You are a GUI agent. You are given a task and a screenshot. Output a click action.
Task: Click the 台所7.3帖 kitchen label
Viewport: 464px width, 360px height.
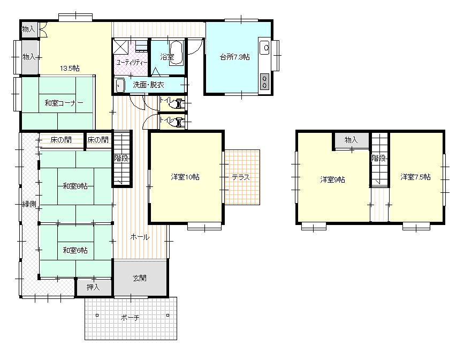pyautogui.click(x=234, y=57)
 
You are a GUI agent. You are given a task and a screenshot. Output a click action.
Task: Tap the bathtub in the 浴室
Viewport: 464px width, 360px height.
pyautogui.click(x=177, y=52)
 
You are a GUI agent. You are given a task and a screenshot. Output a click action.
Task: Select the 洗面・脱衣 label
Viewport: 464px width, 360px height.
pyautogui.click(x=148, y=85)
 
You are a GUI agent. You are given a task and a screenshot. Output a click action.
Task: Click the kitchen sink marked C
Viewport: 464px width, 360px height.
pyautogui.click(x=264, y=48)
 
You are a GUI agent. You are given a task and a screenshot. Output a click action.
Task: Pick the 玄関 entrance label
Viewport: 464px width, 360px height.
pyautogui.click(x=139, y=278)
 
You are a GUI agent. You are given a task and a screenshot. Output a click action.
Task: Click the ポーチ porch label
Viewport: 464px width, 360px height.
pyautogui.click(x=130, y=318)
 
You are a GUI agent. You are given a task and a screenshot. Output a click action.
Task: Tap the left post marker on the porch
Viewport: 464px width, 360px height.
pyautogui.click(x=97, y=315)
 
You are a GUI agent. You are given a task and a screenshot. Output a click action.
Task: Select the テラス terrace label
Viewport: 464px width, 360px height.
pyautogui.click(x=241, y=177)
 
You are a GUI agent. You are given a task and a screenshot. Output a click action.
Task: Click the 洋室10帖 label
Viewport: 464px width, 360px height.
pyautogui.click(x=185, y=177)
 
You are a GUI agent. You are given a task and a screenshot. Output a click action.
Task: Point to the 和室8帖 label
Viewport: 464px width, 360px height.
pyautogui.click(x=75, y=186)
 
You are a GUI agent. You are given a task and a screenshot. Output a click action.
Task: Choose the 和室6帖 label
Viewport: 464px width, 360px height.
pyautogui.click(x=75, y=250)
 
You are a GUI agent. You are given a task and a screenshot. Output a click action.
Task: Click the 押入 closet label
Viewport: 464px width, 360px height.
pyautogui.click(x=93, y=287)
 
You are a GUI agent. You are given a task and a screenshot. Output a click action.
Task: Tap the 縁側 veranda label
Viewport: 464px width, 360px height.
pyautogui.click(x=29, y=204)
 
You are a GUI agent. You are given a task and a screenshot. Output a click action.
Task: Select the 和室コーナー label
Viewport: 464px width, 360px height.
pyautogui.click(x=64, y=103)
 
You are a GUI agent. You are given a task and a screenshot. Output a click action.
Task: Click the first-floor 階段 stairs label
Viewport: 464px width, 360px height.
pyautogui.click(x=121, y=158)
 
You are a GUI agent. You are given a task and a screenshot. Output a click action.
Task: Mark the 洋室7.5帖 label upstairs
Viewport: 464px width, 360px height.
pyautogui.click(x=415, y=177)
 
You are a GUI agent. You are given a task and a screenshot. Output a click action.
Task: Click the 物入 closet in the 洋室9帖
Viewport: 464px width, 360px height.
pyautogui.click(x=352, y=140)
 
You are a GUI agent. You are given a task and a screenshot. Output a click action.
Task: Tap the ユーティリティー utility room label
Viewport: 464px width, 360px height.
pyautogui.click(x=132, y=63)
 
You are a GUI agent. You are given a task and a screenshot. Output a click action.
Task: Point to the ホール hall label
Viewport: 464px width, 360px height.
pyautogui.click(x=140, y=237)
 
